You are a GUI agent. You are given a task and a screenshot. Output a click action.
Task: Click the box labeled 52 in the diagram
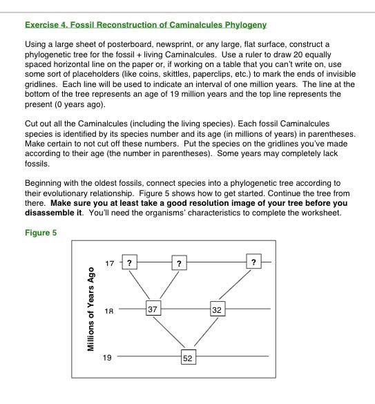[188, 357]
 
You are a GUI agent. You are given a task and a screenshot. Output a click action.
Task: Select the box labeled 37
[153, 309]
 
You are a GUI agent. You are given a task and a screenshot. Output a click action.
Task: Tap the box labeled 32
[217, 309]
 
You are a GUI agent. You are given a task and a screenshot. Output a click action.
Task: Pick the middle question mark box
[179, 263]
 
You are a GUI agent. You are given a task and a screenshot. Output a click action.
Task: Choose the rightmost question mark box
[253, 262]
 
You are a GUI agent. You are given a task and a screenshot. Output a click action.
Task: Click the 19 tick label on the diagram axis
[106, 357]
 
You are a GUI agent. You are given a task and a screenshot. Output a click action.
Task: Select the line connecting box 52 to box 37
[170, 334]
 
